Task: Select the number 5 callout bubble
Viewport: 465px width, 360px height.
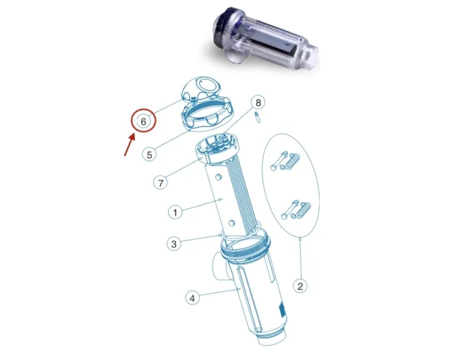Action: (150, 154)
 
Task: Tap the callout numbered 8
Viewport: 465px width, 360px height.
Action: (259, 103)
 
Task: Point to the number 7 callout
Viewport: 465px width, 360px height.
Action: (161, 182)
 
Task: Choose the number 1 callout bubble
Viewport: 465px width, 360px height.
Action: (175, 212)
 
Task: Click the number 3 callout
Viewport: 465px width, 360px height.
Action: (174, 244)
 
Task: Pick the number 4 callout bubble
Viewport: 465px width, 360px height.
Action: (192, 298)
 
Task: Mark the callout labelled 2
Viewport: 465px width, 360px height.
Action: (300, 285)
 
